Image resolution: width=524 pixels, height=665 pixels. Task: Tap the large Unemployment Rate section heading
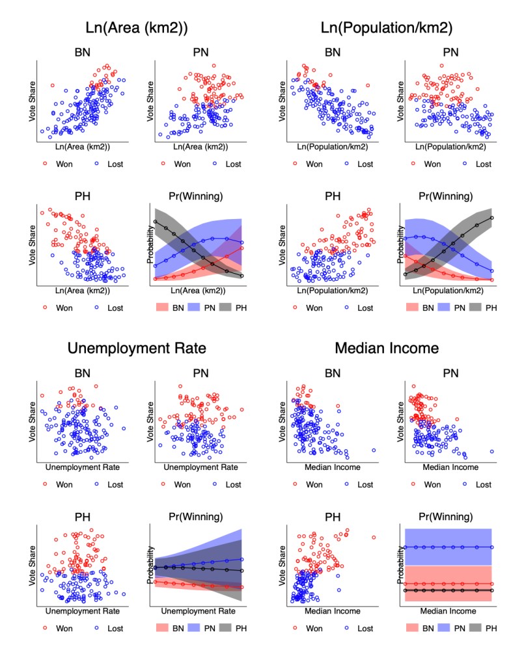tap(137, 348)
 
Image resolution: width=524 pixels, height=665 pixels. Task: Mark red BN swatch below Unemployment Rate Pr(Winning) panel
tap(163, 628)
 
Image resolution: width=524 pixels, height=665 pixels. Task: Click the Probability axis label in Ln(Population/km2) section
tap(399, 248)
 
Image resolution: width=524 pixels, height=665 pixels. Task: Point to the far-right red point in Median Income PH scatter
tap(374, 537)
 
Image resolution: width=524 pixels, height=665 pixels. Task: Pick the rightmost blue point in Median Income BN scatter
tap(374, 450)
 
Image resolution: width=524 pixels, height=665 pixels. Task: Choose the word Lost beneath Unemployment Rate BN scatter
tap(113, 484)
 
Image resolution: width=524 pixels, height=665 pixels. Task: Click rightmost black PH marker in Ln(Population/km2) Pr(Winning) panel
tap(492, 218)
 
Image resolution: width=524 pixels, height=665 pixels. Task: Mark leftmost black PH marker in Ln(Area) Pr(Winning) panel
tap(155, 222)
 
